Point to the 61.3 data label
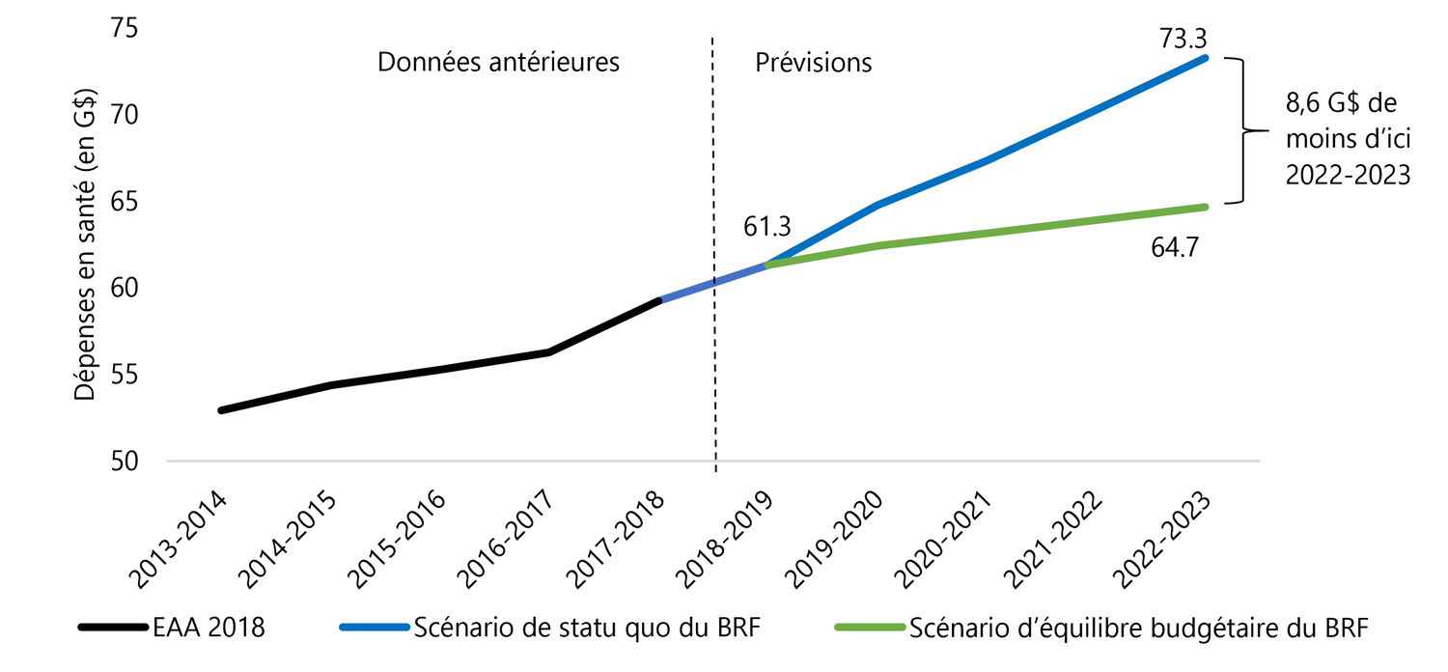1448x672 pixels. pos(767,227)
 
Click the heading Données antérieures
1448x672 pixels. pos(498,63)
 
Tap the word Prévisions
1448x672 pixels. pos(812,63)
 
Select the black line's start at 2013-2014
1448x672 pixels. pos(222,410)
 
